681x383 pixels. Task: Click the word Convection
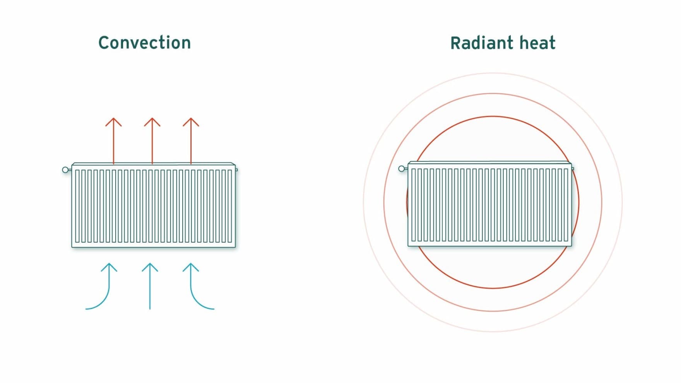pos(144,43)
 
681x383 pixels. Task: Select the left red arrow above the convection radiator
pos(113,139)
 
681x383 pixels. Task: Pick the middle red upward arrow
pos(152,139)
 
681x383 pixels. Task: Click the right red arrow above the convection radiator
pos(191,139)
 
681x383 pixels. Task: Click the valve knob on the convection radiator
pos(65,170)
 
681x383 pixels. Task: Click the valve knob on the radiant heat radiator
pos(401,169)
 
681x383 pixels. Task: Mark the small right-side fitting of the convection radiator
pos(236,170)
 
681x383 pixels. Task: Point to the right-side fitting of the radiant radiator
pos(573,169)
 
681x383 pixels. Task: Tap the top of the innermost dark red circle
pos(493,116)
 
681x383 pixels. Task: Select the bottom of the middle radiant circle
pos(493,311)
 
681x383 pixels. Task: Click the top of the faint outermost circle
pos(493,73)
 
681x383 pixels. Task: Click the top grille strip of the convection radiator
pos(154,165)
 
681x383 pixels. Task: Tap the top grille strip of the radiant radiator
pos(489,163)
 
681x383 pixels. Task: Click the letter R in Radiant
pos(455,43)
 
